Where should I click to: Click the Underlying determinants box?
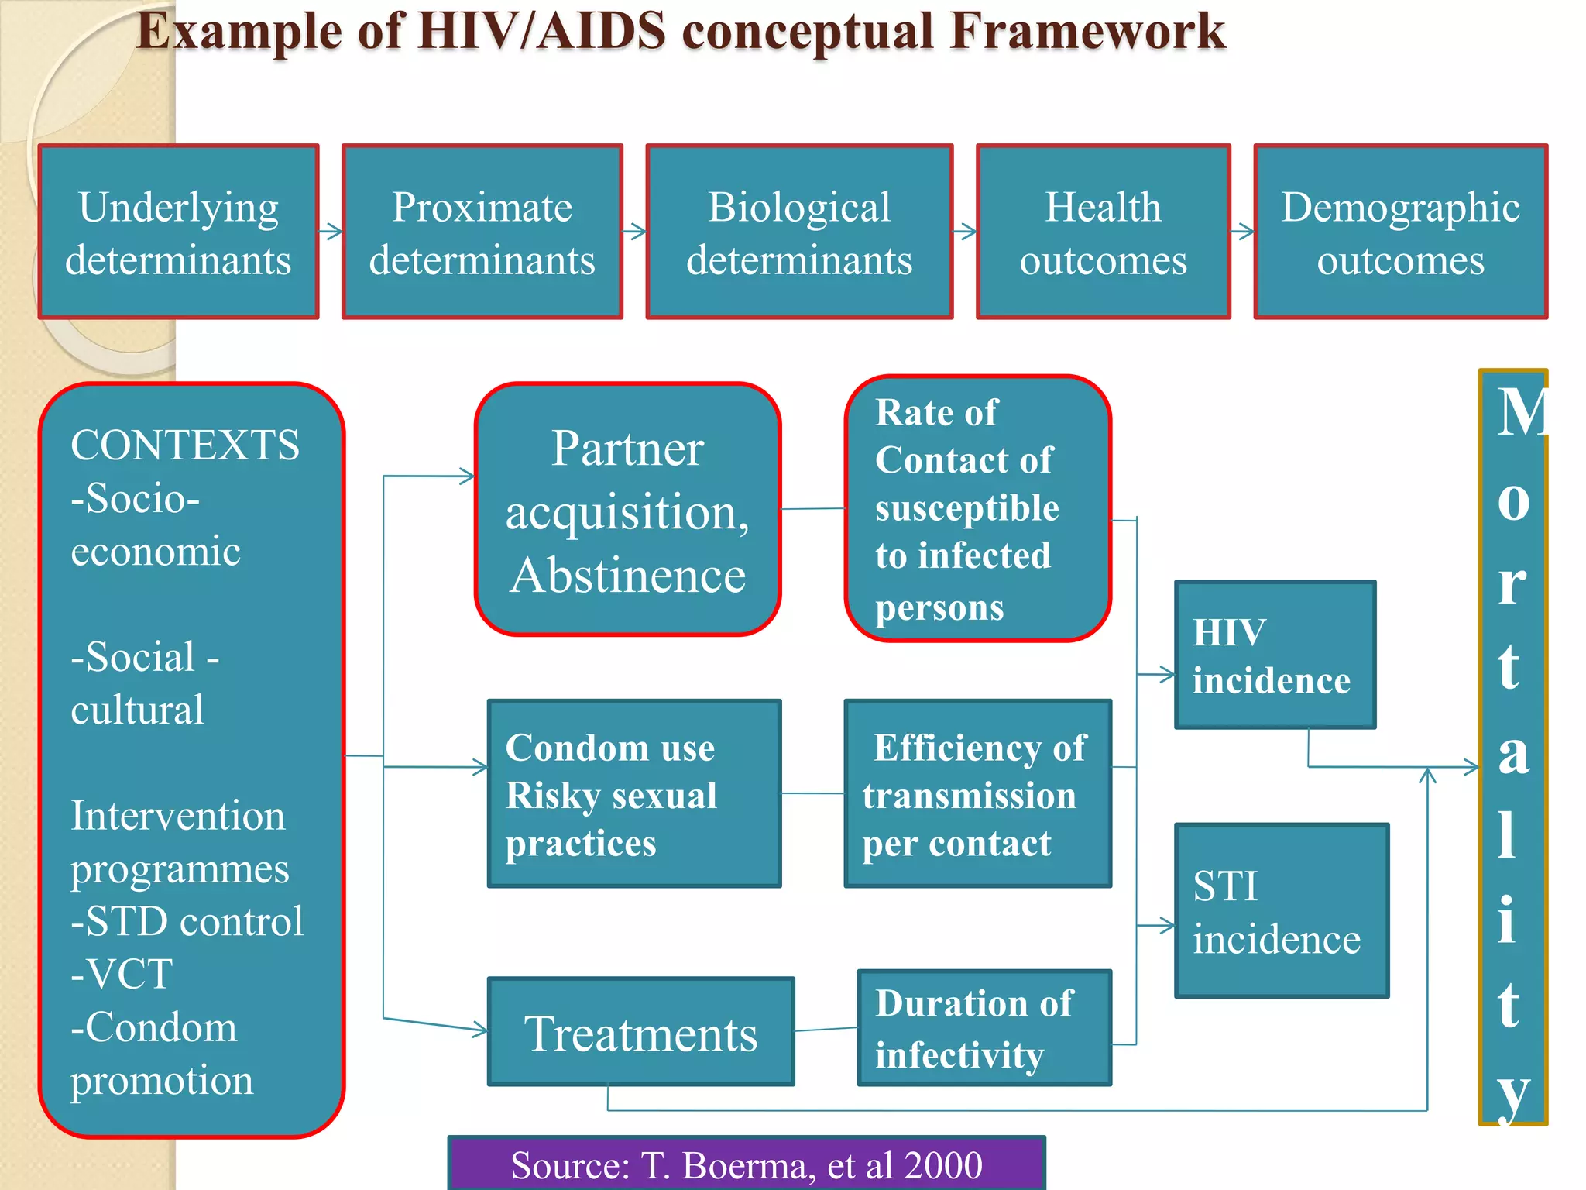point(178,232)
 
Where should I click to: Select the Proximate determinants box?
point(482,232)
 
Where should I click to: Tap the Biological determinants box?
point(799,232)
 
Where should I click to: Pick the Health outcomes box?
point(1103,232)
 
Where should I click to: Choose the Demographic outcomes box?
point(1400,232)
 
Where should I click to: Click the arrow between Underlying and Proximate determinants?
point(331,232)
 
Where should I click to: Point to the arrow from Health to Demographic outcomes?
point(1242,232)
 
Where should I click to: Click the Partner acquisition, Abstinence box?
point(627,510)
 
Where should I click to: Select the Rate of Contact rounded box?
point(977,509)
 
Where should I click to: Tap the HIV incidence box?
point(1275,655)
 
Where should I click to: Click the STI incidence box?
point(1281,910)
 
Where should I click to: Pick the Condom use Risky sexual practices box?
point(633,793)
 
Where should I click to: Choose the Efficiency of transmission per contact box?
point(977,793)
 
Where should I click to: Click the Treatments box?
point(640,1032)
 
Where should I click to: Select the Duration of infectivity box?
point(984,1028)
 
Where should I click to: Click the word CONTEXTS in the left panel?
point(184,445)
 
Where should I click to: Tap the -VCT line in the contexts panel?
point(122,974)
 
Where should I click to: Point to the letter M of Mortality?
point(1518,413)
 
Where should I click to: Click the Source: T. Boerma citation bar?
point(746,1164)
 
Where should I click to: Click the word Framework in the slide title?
point(1087,33)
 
